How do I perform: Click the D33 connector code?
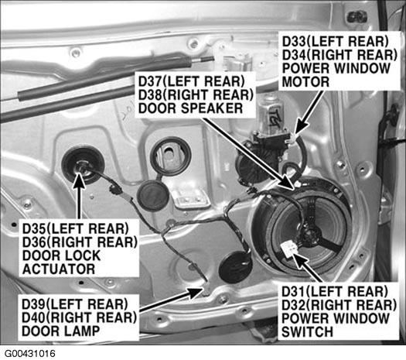295,42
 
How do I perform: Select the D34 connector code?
295,55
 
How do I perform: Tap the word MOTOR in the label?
305,82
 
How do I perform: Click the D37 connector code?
151,81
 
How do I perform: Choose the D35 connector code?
35,228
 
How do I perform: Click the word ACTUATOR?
59,269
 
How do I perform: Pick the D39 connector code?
34,304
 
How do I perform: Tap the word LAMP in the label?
80,331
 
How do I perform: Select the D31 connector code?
294,291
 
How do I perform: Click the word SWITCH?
307,332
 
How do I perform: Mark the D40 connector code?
34,317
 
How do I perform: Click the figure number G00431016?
30,354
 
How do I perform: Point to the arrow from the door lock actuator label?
79,196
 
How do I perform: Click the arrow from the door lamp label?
171,299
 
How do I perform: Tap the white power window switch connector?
288,249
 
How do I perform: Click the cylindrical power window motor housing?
269,113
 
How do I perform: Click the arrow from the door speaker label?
249,154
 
